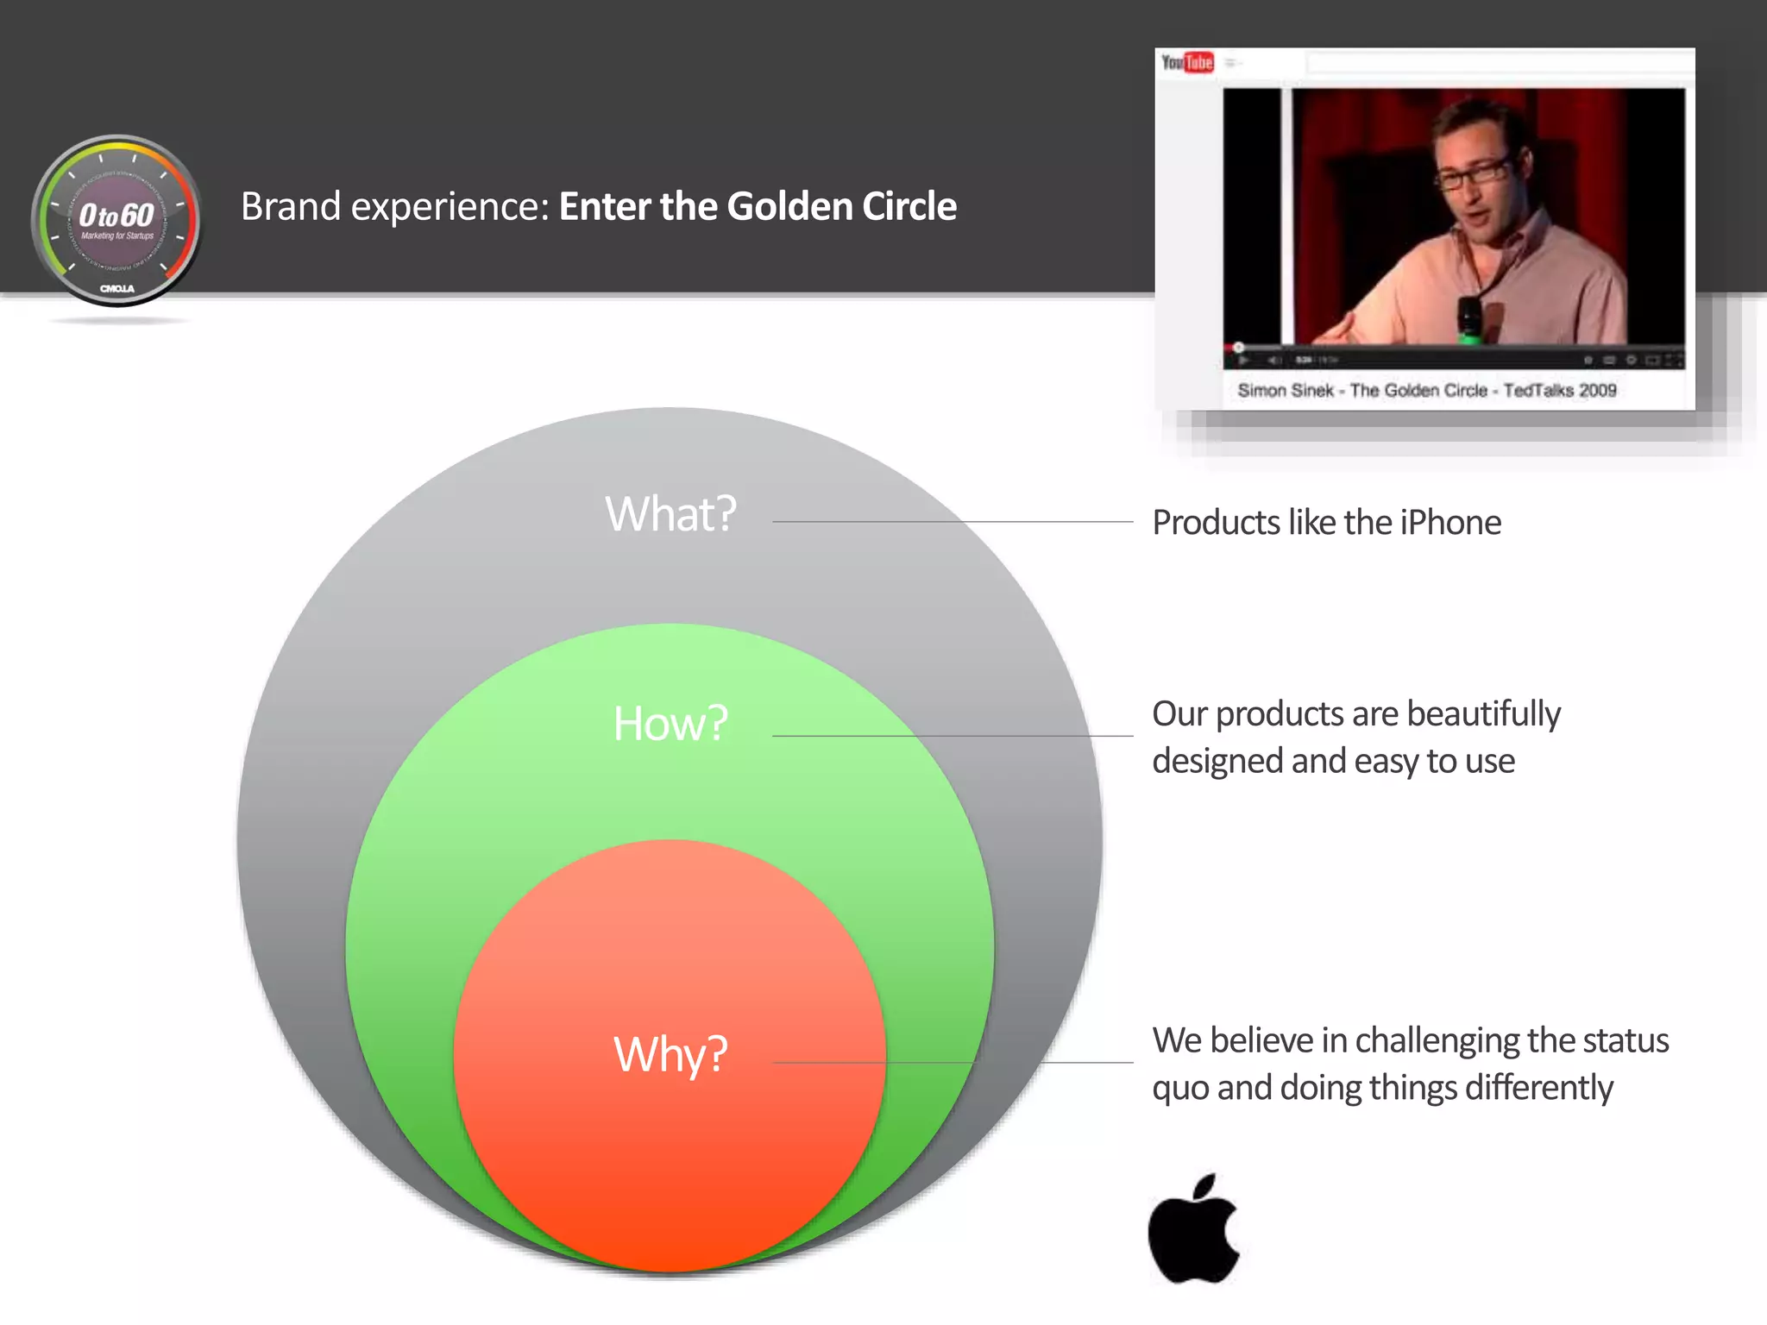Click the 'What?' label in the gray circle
click(x=670, y=514)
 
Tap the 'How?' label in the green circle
click(x=670, y=723)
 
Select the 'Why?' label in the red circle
click(x=670, y=1054)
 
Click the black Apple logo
click(x=1194, y=1230)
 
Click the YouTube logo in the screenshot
click(x=1187, y=63)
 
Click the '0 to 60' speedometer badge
click(x=116, y=221)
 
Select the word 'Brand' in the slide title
click(x=290, y=207)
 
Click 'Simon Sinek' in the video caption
click(x=1286, y=391)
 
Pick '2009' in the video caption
click(x=1597, y=391)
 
